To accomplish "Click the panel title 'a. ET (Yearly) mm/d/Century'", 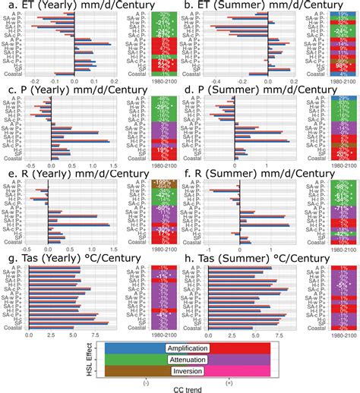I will tap(87, 7).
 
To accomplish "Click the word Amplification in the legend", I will tap(188, 348).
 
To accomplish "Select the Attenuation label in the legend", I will tap(188, 360).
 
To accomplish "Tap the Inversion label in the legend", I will tap(188, 372).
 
